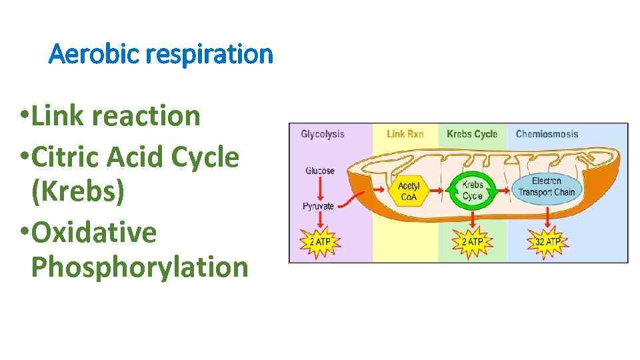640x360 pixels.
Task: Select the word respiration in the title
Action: click(x=210, y=53)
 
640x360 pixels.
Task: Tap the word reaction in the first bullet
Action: click(x=146, y=115)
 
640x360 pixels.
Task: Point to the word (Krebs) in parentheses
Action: click(x=77, y=192)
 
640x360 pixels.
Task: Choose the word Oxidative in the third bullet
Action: click(x=93, y=232)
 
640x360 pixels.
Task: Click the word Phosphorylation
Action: click(x=139, y=267)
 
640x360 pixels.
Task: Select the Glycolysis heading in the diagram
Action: click(x=323, y=134)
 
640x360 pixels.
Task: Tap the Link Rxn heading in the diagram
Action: click(x=405, y=134)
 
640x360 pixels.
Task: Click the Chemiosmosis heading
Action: click(x=547, y=134)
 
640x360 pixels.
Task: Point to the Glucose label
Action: click(x=320, y=171)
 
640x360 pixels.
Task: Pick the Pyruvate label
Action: click(x=319, y=206)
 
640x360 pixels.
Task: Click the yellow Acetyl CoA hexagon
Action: click(x=409, y=191)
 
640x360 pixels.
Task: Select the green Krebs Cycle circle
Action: click(x=472, y=191)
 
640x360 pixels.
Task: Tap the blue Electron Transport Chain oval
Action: click(x=547, y=187)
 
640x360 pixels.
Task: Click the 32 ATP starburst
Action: click(x=548, y=241)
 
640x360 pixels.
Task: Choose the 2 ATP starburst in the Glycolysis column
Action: click(x=320, y=241)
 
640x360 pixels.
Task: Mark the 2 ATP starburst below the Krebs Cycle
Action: click(x=472, y=241)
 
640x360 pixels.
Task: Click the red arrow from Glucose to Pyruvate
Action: click(x=319, y=189)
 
